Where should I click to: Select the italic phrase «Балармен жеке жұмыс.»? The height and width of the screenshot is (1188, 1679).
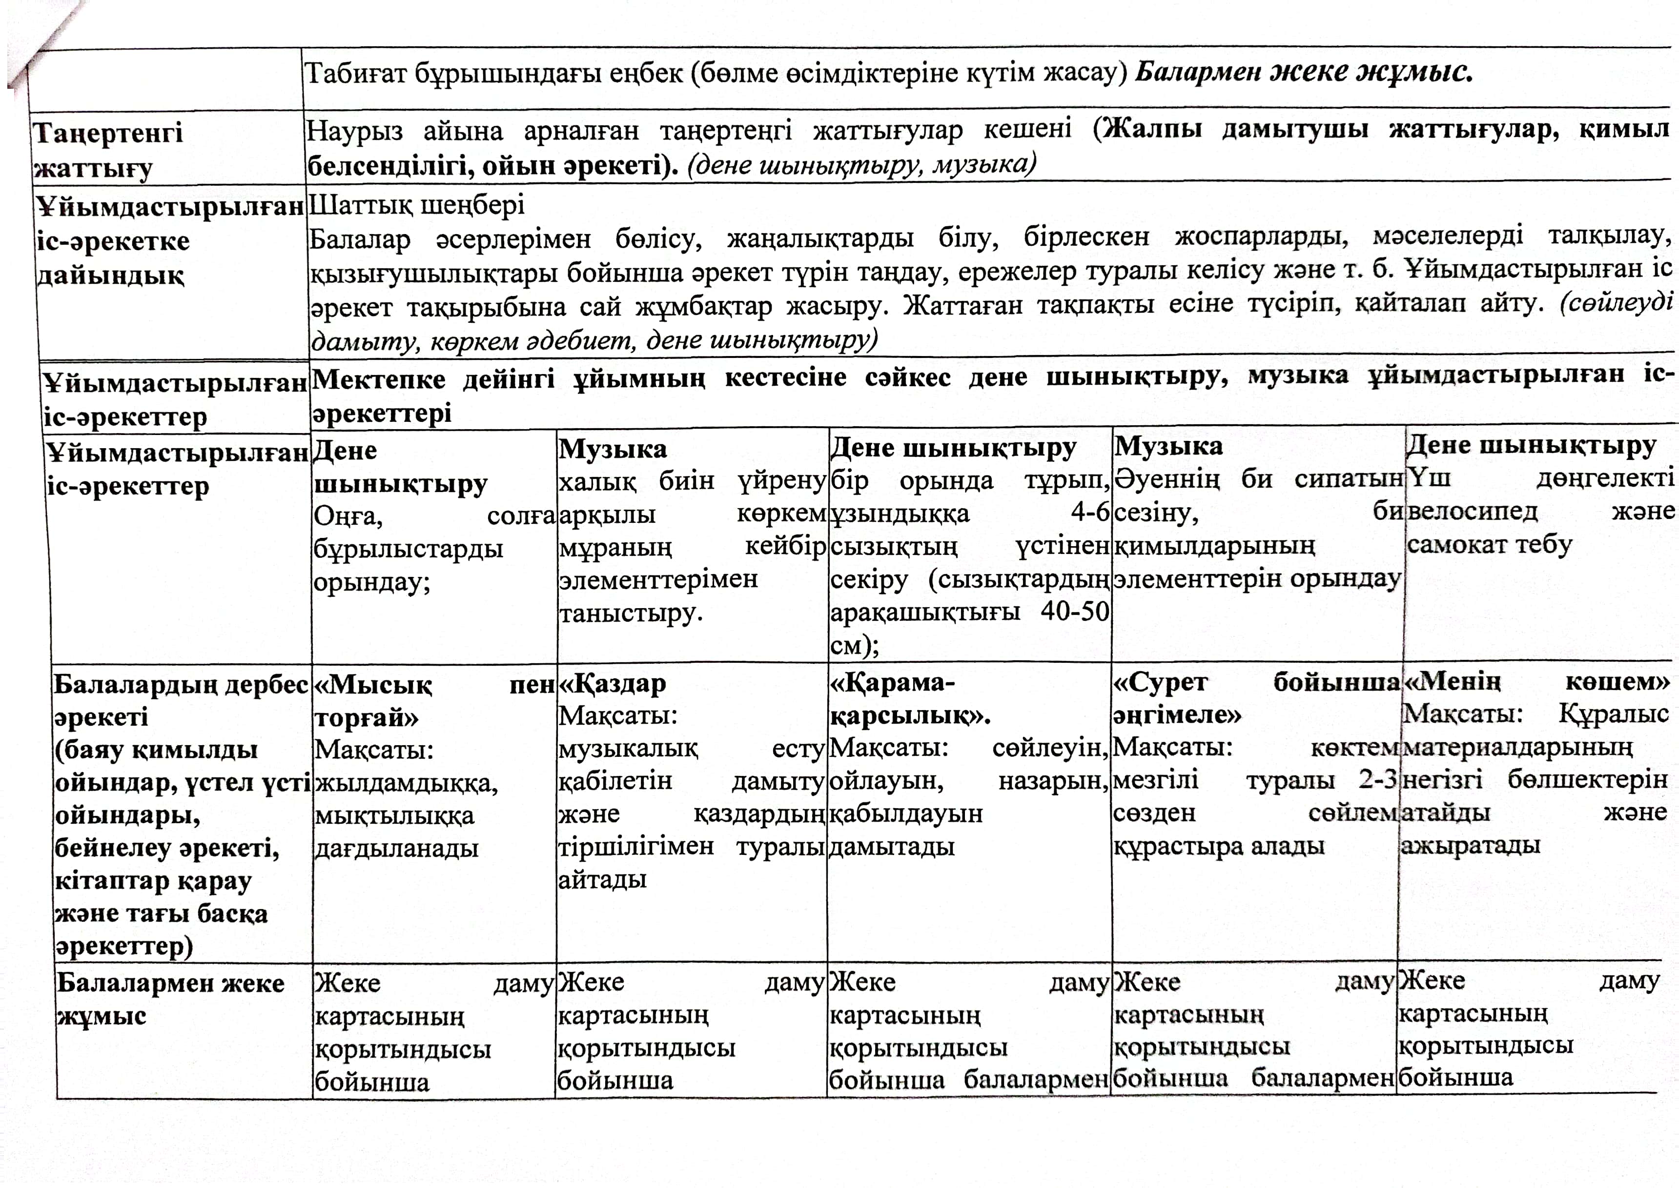1303,72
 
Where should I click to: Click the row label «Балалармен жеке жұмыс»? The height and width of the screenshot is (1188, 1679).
170,999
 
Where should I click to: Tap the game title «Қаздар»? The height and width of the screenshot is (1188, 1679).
613,684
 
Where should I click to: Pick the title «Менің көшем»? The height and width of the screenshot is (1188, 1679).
1536,683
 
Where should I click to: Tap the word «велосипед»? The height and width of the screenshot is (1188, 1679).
1472,511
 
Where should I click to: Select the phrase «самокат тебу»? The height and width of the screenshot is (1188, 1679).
1489,545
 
